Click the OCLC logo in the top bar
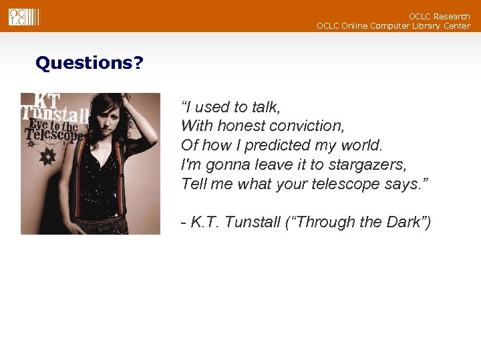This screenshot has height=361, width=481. click(24, 16)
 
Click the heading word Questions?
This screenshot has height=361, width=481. click(89, 64)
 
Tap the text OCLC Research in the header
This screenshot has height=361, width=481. click(439, 16)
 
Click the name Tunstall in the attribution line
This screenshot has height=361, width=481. click(253, 222)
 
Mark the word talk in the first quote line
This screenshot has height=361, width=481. click(265, 107)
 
